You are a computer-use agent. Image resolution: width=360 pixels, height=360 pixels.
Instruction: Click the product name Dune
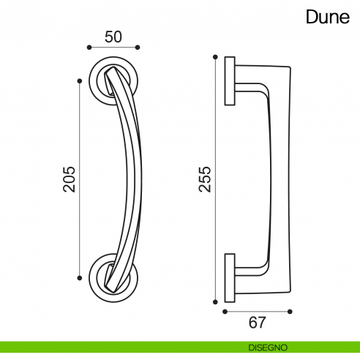pos(328,18)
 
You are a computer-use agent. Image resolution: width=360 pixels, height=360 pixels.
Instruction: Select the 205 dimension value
pos(70,178)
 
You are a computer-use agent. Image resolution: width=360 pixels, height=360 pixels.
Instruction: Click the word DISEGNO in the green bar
pos(267,347)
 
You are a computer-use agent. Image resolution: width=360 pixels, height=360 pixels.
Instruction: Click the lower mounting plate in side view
pos(230,277)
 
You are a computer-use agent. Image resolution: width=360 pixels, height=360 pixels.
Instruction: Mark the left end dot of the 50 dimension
pos(89,48)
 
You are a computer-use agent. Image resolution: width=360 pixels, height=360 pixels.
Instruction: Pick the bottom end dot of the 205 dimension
pos(79,277)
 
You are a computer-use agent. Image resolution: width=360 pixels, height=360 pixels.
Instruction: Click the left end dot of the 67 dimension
pos(225,310)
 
